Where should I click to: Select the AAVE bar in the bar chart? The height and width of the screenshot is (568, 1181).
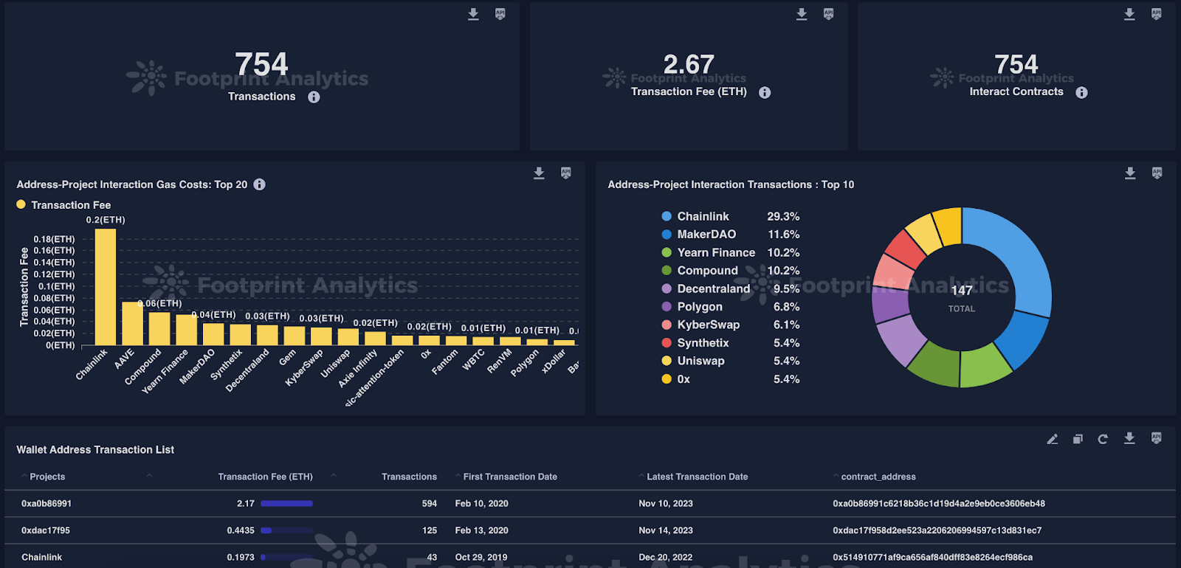click(x=132, y=323)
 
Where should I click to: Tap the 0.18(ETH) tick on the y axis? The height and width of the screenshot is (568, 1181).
click(x=54, y=239)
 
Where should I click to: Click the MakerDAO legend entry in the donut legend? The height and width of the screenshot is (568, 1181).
click(x=706, y=235)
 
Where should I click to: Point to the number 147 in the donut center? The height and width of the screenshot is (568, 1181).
click(x=961, y=290)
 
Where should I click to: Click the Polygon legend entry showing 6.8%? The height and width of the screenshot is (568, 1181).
click(x=700, y=307)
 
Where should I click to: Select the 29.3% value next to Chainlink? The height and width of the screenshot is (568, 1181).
click(x=783, y=217)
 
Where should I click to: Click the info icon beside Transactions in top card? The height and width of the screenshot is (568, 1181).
click(x=314, y=97)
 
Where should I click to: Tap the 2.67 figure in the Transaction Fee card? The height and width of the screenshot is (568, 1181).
click(x=689, y=65)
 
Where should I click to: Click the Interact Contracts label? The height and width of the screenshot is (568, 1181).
click(x=1016, y=92)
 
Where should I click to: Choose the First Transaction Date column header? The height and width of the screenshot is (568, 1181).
click(x=510, y=477)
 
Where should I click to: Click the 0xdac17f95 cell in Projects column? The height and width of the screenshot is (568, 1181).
click(x=47, y=530)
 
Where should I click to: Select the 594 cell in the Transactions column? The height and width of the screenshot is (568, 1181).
click(x=429, y=504)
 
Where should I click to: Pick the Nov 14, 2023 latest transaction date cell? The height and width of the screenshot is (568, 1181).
click(x=665, y=530)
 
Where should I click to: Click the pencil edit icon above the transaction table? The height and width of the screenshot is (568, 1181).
click(x=1053, y=439)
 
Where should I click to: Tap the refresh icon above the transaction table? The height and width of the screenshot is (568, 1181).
click(x=1103, y=439)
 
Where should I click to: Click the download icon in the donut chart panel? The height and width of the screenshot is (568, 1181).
click(x=1129, y=173)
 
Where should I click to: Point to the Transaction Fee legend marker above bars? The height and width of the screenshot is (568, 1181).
click(x=21, y=205)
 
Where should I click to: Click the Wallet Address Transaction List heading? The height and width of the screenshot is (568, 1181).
click(x=95, y=450)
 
